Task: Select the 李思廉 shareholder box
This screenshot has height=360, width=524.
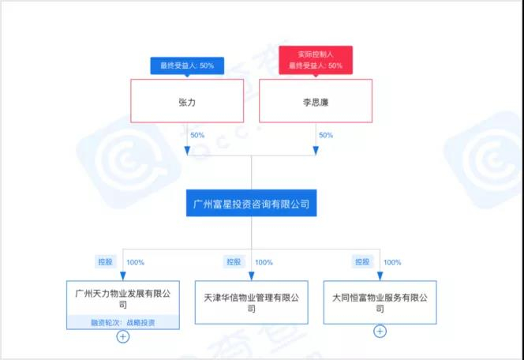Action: tap(316, 102)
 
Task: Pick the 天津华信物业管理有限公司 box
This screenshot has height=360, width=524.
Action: tap(252, 302)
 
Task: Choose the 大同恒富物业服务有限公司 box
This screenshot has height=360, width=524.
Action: tap(380, 302)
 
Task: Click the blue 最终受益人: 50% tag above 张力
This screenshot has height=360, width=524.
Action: tap(184, 65)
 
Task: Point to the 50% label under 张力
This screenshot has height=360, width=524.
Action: tap(196, 135)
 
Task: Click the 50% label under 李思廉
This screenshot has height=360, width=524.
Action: tap(325, 135)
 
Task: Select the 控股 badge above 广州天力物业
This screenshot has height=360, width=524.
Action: tap(105, 261)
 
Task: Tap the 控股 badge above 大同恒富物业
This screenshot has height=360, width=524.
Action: tap(362, 261)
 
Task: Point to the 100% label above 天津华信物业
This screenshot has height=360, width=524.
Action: tap(264, 262)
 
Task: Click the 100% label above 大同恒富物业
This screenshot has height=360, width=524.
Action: tap(393, 262)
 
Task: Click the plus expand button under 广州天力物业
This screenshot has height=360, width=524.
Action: tap(123, 337)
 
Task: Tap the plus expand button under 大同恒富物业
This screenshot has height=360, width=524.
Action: tap(380, 332)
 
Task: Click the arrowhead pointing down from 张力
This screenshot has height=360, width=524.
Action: tap(187, 149)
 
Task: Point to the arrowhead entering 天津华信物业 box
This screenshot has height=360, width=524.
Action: tap(252, 276)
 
